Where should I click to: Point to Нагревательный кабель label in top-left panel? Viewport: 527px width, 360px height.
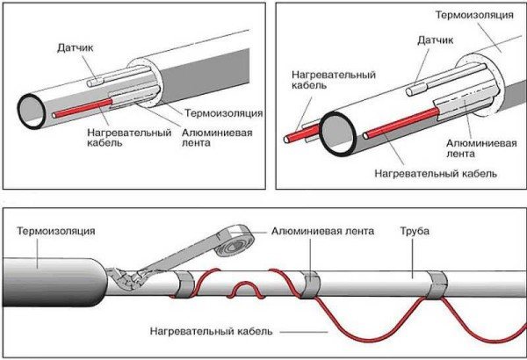point(118,138)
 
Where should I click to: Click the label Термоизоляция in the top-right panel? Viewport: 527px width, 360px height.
point(475,17)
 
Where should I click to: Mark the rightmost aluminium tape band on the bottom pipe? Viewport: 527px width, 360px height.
point(437,286)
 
